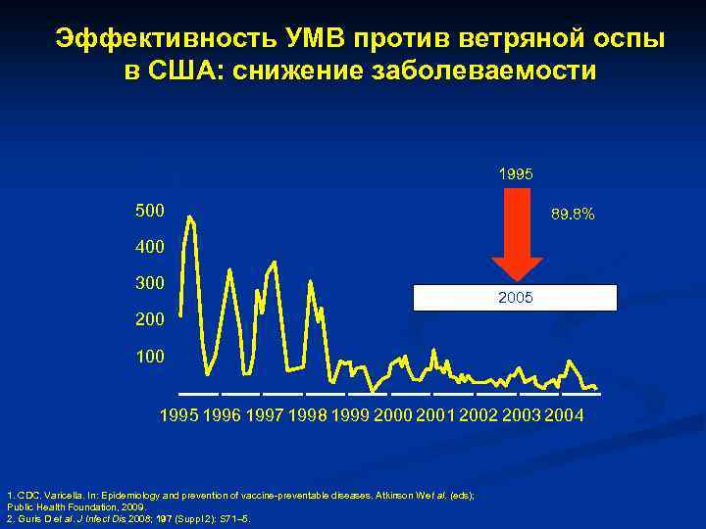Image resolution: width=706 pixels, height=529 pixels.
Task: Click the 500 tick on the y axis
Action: [150, 212]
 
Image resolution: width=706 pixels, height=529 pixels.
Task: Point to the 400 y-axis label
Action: [150, 248]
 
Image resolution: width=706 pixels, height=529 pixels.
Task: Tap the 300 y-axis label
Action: [150, 284]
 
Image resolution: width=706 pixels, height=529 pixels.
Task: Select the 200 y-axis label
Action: [150, 320]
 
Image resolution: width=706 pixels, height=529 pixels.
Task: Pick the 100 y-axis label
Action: [150, 357]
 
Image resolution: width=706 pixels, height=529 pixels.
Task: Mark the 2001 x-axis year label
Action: [436, 415]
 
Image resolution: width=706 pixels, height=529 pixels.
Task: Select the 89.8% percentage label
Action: [573, 213]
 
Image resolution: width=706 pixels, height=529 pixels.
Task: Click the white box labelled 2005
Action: [515, 297]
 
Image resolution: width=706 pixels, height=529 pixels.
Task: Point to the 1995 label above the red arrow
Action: [516, 173]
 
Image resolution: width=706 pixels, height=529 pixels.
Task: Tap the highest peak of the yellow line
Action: [189, 216]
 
